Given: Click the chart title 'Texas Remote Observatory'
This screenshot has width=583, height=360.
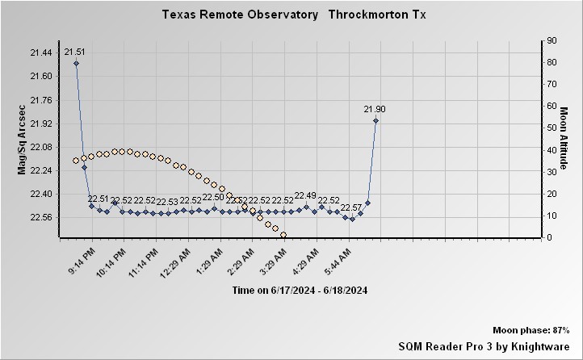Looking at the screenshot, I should pos(239,15).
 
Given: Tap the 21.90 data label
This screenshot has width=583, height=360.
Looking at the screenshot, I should pos(375,109).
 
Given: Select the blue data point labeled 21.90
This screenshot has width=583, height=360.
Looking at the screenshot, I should pos(375,121).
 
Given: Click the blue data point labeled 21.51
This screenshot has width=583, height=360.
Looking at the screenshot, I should pos(76,63).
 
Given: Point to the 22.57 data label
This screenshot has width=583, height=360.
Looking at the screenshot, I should pos(351,207).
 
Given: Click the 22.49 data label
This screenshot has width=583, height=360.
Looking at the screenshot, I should pos(305,196).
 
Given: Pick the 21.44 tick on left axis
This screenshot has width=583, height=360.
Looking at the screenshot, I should pos(40,52).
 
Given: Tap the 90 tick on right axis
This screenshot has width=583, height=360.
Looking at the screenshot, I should pos(551,40).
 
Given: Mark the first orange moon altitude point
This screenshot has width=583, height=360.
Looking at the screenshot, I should pos(76,161).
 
